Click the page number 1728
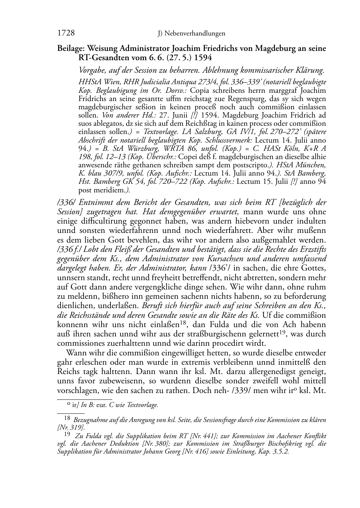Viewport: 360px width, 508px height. tap(66, 33)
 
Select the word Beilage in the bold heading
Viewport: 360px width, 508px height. tap(70, 48)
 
